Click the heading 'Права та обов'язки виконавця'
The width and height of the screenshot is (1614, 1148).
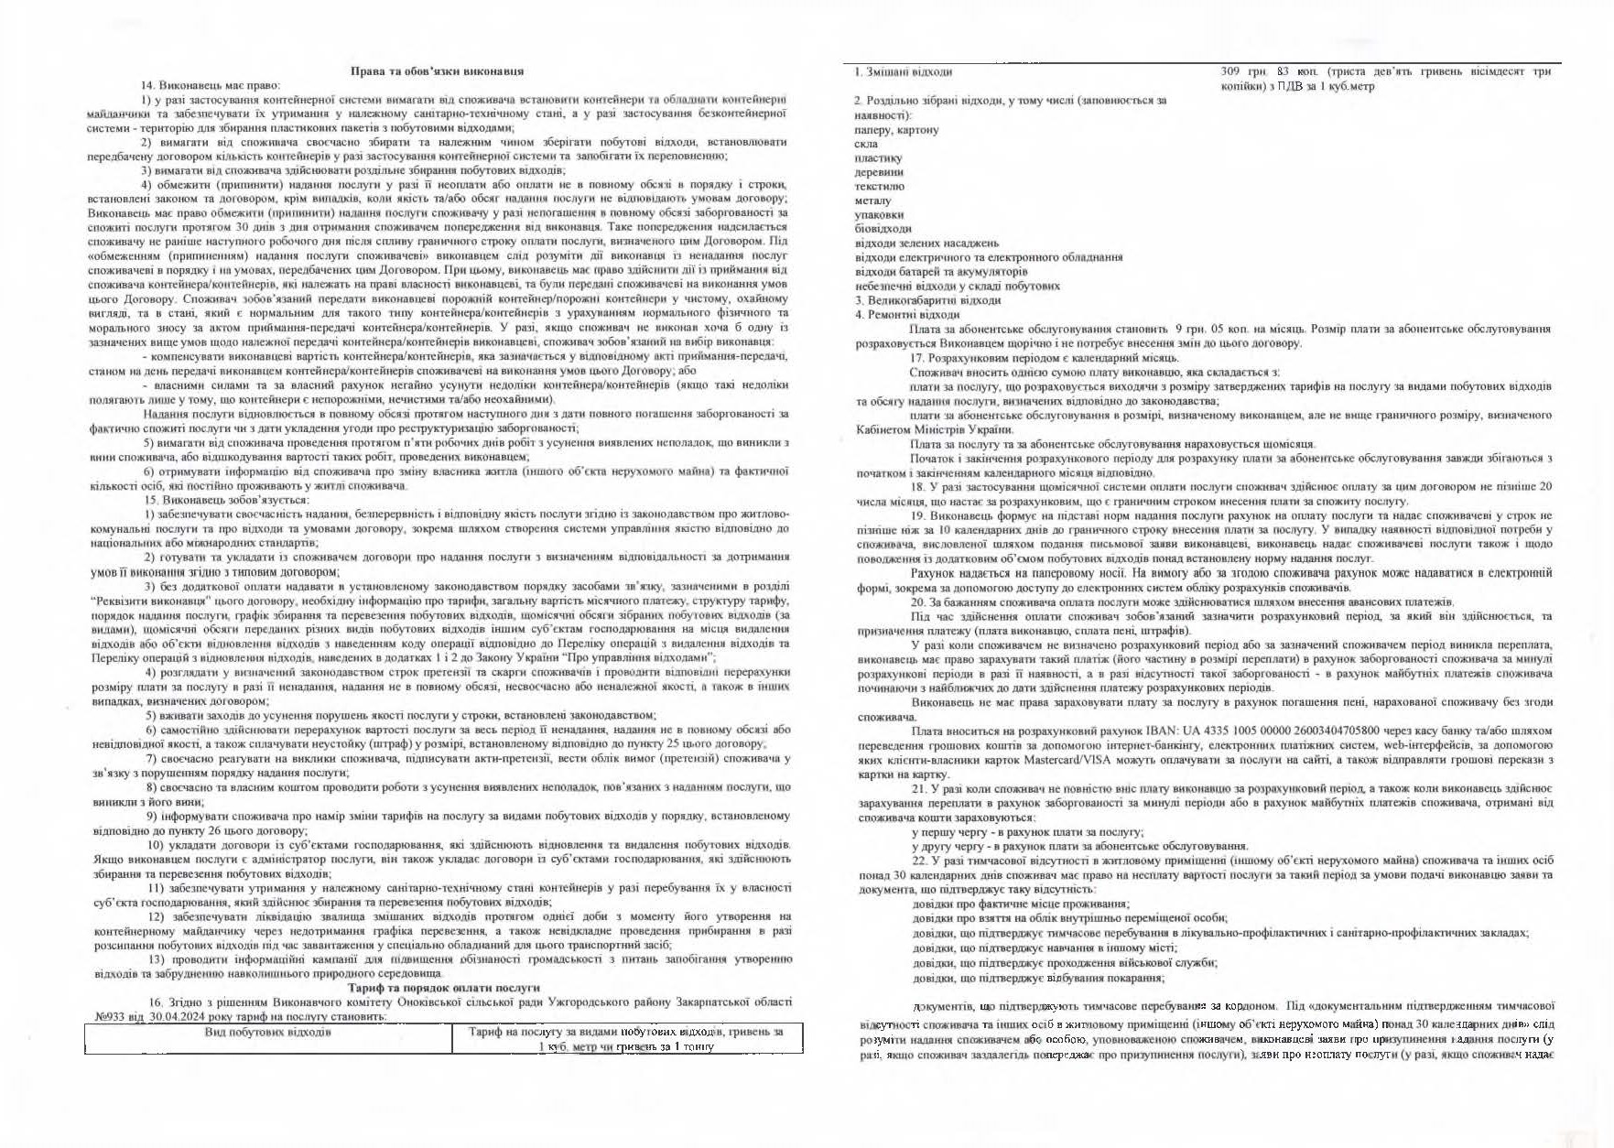pos(438,71)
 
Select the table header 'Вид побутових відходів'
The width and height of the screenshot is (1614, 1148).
pos(267,1032)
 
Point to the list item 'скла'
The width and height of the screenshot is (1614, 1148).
pos(865,144)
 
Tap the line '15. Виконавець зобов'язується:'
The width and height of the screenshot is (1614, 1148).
pos(227,500)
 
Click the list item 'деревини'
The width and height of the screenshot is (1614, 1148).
pos(879,172)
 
